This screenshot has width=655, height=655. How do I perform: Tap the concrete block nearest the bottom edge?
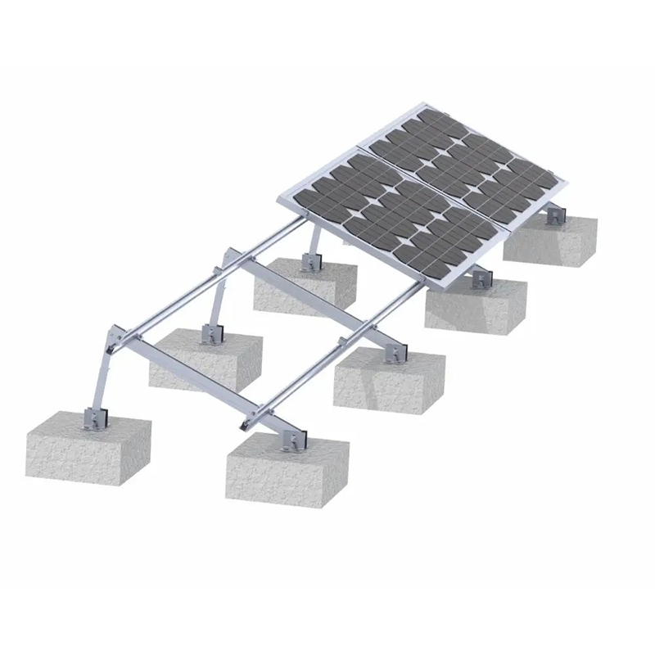[287, 471]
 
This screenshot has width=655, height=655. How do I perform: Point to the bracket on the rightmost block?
[556, 215]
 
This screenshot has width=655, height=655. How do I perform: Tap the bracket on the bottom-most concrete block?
[290, 440]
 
